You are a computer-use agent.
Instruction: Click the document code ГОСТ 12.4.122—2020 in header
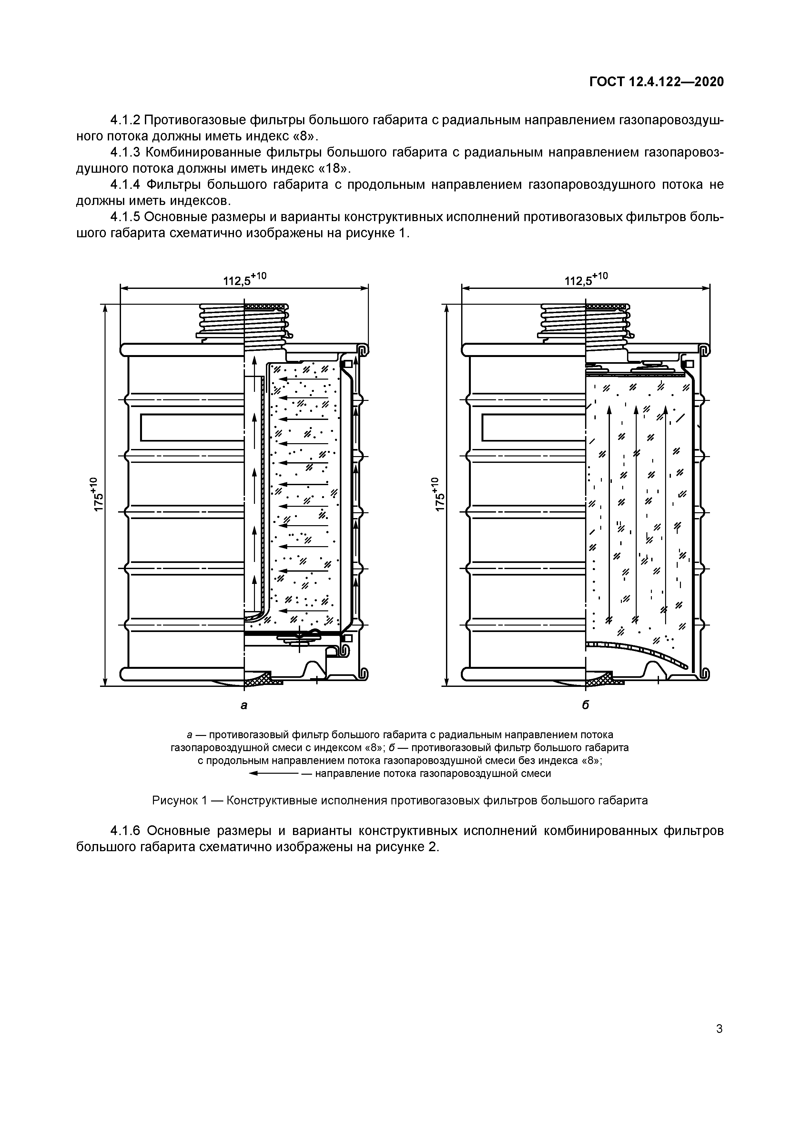pos(657,82)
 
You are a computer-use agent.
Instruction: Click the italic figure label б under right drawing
pos(586,705)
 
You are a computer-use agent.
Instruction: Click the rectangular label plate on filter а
pos(192,427)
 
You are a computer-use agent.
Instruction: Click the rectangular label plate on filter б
pos(534,427)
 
